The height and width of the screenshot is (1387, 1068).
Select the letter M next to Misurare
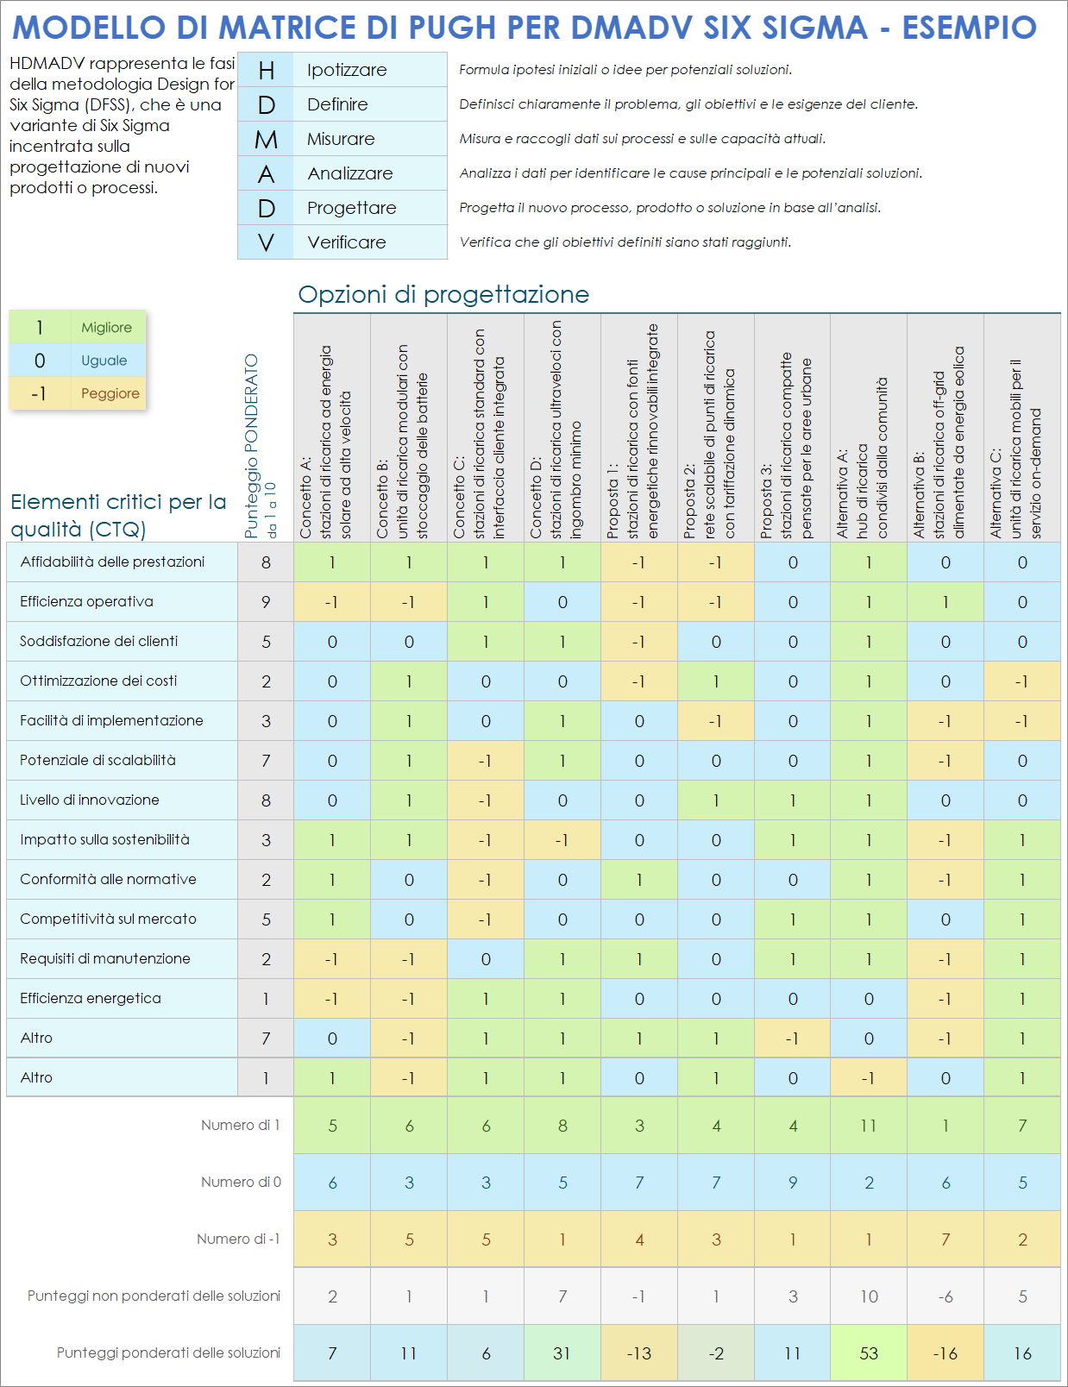click(266, 139)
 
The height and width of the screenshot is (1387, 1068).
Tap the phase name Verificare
click(346, 242)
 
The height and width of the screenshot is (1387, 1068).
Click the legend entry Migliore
click(106, 328)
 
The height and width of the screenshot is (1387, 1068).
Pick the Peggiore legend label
click(110, 393)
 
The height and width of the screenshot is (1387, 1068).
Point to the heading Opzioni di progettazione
click(443, 295)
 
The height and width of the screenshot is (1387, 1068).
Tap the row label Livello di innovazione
click(90, 800)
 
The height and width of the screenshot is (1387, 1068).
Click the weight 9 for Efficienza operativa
click(266, 602)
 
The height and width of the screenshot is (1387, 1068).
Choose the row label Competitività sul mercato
click(108, 919)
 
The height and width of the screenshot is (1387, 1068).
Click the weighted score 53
click(869, 1353)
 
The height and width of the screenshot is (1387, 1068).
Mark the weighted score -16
click(945, 1353)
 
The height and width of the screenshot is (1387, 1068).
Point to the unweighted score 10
click(869, 1296)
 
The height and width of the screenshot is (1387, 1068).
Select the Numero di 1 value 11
click(869, 1126)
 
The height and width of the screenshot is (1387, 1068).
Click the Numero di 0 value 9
click(793, 1183)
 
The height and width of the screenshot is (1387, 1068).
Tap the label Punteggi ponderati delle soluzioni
click(168, 1352)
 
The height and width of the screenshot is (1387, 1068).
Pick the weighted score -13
click(639, 1353)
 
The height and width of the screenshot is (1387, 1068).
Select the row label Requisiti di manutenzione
click(105, 958)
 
